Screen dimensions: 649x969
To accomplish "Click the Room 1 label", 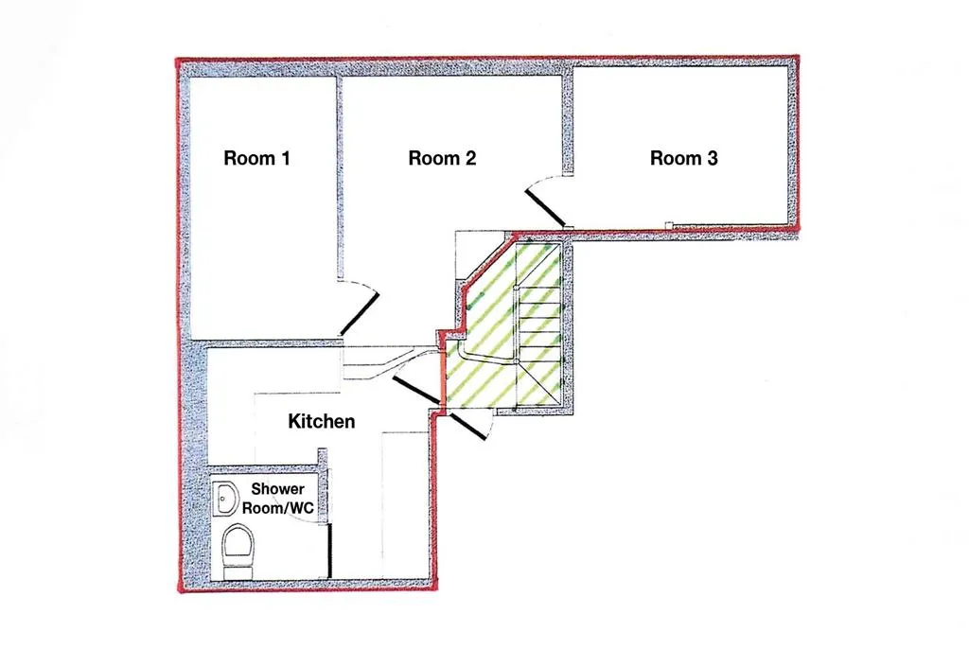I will (256, 158).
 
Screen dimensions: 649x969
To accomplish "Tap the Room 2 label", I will (441, 158).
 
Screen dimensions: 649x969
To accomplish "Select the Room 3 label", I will (683, 158).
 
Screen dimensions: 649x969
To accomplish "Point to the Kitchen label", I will (322, 421).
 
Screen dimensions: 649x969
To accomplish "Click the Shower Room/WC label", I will (277, 499).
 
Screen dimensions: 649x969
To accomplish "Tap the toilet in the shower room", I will (237, 550).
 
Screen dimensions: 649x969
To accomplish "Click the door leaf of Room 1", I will (361, 311).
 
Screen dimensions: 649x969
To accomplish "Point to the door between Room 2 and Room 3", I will (545, 207).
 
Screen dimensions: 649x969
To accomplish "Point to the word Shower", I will (277, 489).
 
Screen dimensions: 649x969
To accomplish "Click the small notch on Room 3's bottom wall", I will (668, 225).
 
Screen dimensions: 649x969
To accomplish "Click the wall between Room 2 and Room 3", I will (568, 123).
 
